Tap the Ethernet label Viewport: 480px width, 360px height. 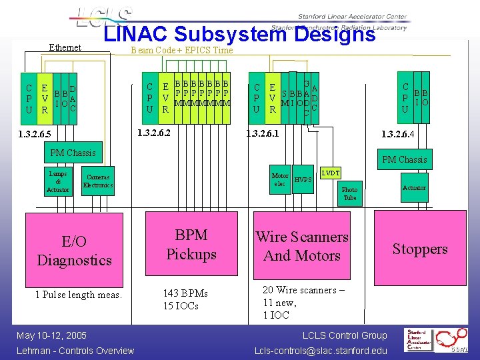(x=65, y=47)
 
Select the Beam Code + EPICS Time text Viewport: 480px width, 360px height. (x=181, y=50)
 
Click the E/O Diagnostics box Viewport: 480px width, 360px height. (x=74, y=251)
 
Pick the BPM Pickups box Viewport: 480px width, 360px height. (x=191, y=245)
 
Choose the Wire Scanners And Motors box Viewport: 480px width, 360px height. (x=302, y=246)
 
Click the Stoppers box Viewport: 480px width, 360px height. (x=419, y=249)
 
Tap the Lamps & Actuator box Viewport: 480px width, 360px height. (x=57, y=181)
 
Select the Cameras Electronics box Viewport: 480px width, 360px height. (x=98, y=181)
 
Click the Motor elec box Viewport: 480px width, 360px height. (x=280, y=180)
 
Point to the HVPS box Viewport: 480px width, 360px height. (x=303, y=180)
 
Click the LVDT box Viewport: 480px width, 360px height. (x=331, y=173)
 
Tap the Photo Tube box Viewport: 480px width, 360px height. (x=349, y=193)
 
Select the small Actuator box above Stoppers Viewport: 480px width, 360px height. (x=414, y=188)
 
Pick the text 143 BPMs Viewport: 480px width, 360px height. (x=185, y=293)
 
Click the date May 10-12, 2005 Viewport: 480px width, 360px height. (x=52, y=335)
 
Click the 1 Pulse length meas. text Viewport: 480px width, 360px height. (x=79, y=295)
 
